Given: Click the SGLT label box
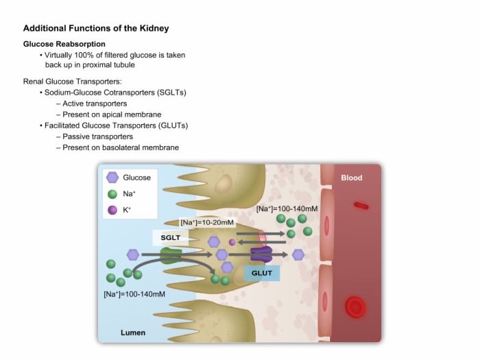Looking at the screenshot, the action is [171, 238].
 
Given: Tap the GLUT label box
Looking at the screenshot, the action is [262, 273].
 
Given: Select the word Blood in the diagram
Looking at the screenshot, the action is [352, 178].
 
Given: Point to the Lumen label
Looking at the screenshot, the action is [133, 333].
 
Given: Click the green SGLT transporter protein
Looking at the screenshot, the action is [171, 256].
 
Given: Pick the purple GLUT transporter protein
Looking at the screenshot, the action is [261, 254].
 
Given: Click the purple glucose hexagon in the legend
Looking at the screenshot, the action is [112, 177].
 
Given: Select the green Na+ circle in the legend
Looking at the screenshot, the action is [112, 194].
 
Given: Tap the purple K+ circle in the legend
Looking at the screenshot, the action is [112, 210].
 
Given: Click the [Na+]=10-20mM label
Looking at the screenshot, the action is [207, 223].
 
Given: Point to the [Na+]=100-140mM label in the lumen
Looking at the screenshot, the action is [134, 294].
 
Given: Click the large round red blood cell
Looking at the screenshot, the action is [355, 307].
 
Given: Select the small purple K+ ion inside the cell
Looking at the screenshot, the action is [232, 243].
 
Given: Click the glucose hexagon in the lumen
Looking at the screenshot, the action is [133, 254].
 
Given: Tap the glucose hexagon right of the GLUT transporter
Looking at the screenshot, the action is [298, 254].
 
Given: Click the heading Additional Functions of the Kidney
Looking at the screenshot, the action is [96, 28].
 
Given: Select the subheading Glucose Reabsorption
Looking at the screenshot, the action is [64, 44].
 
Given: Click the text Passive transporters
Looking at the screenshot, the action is [97, 136].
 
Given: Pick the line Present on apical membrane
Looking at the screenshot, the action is [112, 115].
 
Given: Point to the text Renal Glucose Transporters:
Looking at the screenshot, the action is [73, 82].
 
